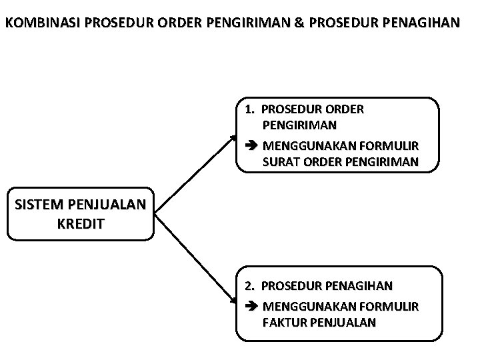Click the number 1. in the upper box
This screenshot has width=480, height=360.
(x=251, y=109)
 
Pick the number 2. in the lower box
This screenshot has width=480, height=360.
(x=251, y=286)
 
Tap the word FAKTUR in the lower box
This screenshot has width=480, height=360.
(x=283, y=323)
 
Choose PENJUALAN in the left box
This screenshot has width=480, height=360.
(x=107, y=204)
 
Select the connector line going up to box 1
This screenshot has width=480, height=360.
(x=193, y=173)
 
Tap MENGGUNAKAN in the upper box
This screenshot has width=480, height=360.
(x=305, y=145)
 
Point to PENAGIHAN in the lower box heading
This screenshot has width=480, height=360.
(x=359, y=286)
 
